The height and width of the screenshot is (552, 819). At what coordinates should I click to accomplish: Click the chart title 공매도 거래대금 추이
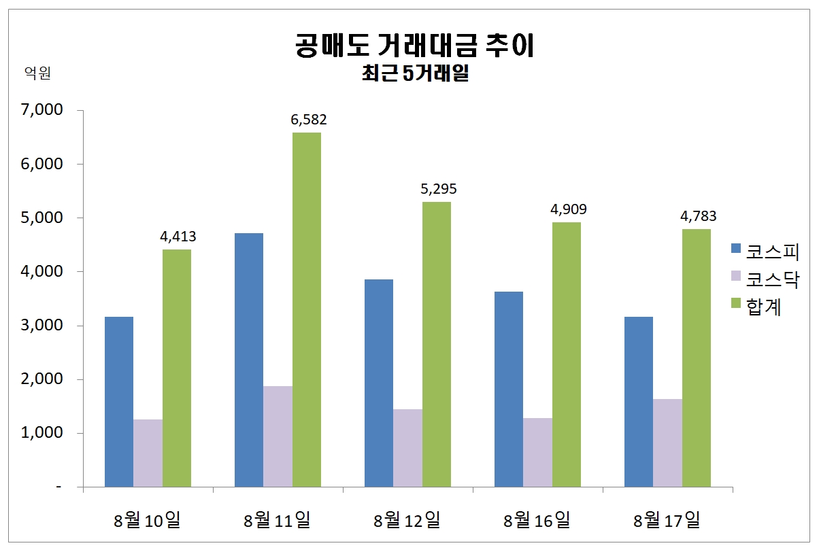pyautogui.click(x=415, y=46)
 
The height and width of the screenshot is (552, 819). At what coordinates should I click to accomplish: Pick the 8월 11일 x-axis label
pyautogui.click(x=277, y=521)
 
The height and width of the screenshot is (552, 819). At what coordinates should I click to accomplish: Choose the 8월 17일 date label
pyautogui.click(x=667, y=521)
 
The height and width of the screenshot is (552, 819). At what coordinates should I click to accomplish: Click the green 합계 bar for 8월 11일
pyautogui.click(x=306, y=309)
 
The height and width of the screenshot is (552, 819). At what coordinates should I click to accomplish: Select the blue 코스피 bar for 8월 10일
pyautogui.click(x=118, y=402)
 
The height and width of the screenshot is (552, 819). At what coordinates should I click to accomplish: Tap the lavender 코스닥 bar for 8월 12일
pyautogui.click(x=407, y=448)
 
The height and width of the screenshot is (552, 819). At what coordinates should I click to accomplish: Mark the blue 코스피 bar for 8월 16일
pyautogui.click(x=509, y=389)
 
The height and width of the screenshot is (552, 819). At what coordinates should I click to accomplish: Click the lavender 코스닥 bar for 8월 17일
pyautogui.click(x=667, y=443)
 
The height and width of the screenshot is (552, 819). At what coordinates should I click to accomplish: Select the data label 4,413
pyautogui.click(x=178, y=237)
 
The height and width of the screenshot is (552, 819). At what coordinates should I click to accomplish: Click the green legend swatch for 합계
pyautogui.click(x=735, y=305)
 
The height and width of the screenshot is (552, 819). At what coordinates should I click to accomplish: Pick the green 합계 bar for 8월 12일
pyautogui.click(x=436, y=344)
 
